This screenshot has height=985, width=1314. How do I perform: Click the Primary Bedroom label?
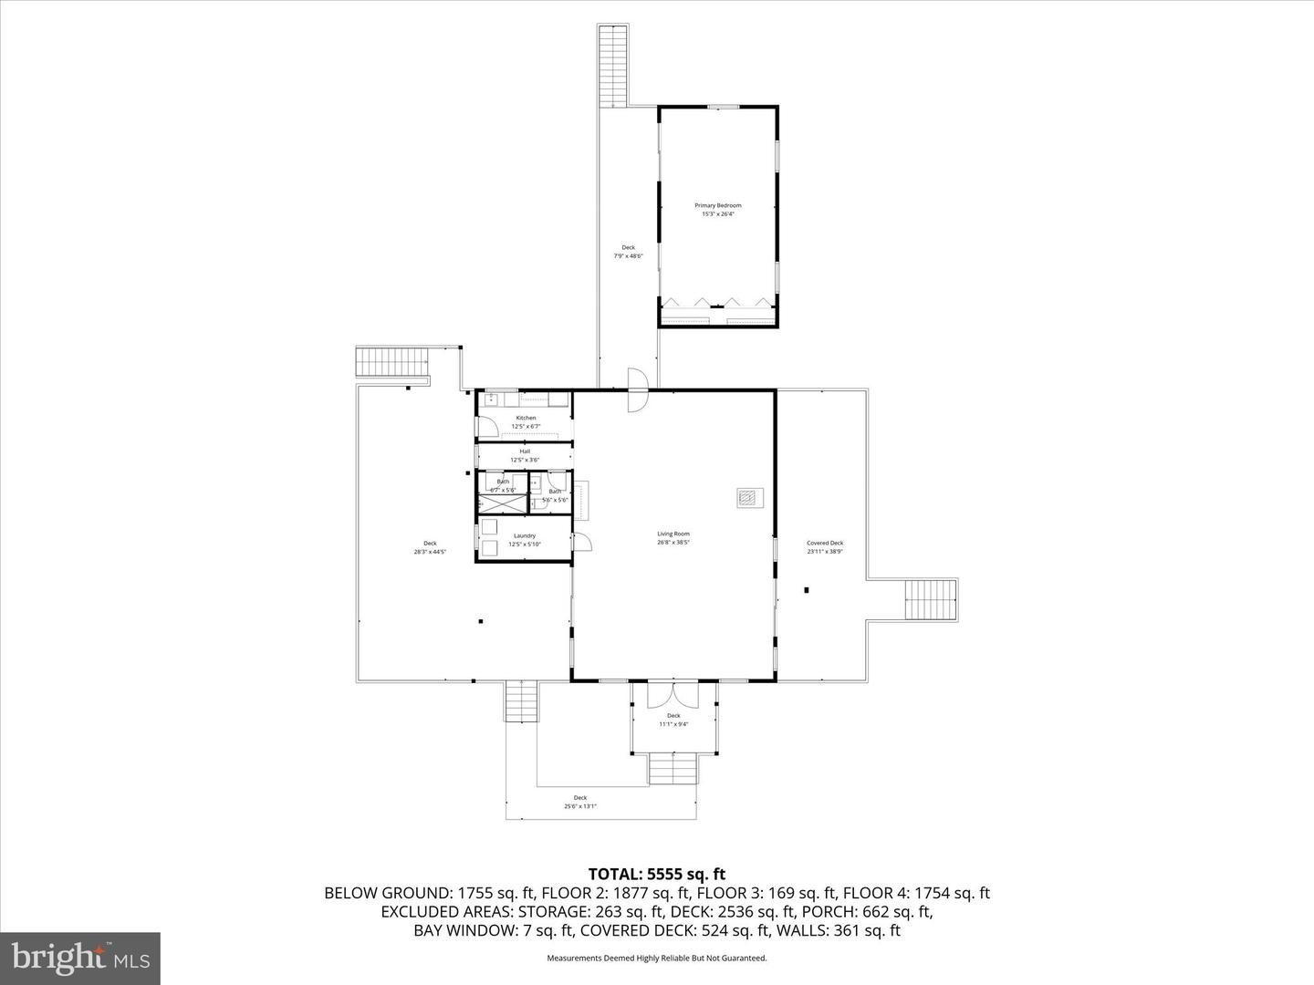(x=717, y=205)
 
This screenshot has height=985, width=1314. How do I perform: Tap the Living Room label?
(x=673, y=534)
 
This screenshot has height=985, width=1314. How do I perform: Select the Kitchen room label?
(x=526, y=418)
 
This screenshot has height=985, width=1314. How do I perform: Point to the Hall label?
(x=525, y=451)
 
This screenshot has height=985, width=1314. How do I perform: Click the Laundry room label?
(x=525, y=535)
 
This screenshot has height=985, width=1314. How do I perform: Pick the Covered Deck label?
(x=824, y=543)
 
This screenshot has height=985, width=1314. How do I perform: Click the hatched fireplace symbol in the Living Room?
(x=749, y=498)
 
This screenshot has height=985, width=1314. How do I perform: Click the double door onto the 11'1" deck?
(x=673, y=694)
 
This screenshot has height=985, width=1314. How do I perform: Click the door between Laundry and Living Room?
(x=581, y=542)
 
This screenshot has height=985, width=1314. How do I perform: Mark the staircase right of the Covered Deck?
(x=930, y=600)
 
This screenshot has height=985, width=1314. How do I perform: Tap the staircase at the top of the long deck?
(x=613, y=67)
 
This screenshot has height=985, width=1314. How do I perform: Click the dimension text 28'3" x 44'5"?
(x=430, y=552)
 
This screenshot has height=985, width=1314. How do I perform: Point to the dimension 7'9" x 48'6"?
(x=628, y=256)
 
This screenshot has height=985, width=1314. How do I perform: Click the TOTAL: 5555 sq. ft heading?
(x=657, y=875)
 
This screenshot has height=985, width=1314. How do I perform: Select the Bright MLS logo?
(x=80, y=958)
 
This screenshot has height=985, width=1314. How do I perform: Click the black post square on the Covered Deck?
(x=807, y=590)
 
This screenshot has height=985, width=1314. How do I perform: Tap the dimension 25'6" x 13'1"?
(x=580, y=805)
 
